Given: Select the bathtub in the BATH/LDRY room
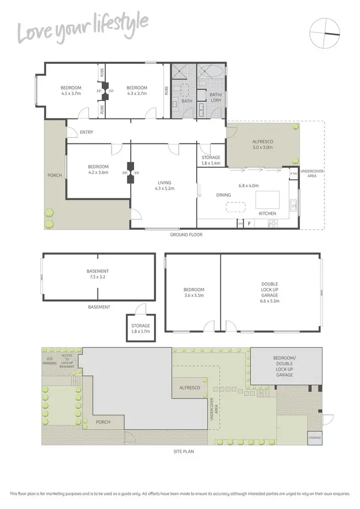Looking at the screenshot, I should tap(211, 72).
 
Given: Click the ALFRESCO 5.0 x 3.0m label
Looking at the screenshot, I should tap(263, 145).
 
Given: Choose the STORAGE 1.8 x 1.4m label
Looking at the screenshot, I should tap(211, 160).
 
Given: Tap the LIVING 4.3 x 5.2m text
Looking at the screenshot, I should tap(164, 185).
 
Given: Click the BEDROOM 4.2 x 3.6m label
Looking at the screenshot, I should tap(98, 169).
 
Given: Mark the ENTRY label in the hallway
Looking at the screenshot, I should tap(87, 132).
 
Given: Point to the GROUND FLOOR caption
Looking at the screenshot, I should tap(186, 235).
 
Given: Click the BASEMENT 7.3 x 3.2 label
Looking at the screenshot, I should tap(97, 274).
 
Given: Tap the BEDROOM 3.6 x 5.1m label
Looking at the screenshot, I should tap(194, 293).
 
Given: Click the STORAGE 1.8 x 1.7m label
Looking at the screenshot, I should tap(141, 329).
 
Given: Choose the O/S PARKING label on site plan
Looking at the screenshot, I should tap(50, 361).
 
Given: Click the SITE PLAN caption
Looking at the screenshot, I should tap(184, 451).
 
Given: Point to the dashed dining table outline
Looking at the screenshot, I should tap(235, 206).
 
